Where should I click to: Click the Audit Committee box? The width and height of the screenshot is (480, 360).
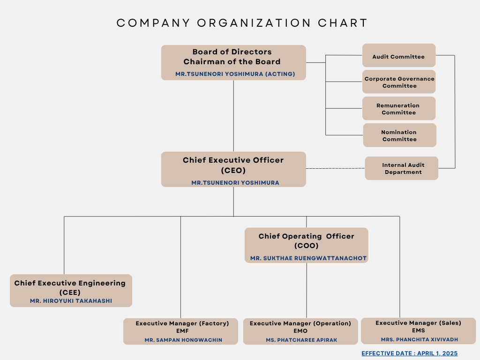click(399, 55)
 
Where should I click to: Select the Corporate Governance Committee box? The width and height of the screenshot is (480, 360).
click(399, 82)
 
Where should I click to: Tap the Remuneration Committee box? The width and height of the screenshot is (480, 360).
click(399, 108)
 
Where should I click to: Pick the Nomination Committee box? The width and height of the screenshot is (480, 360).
click(399, 135)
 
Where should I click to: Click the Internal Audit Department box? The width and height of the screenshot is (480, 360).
click(402, 168)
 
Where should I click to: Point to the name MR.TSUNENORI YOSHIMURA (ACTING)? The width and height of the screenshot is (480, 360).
click(235, 74)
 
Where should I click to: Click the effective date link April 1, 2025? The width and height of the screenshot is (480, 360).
click(410, 353)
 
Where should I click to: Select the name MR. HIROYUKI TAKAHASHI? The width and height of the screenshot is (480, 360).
click(71, 301)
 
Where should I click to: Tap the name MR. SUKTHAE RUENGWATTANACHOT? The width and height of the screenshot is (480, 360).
click(308, 258)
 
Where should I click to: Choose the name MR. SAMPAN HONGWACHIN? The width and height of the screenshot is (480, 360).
click(183, 340)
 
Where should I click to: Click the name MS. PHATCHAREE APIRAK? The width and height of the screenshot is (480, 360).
click(301, 340)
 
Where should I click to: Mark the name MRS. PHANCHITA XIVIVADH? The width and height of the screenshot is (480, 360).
click(420, 339)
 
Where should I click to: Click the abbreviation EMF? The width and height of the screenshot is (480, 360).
click(182, 331)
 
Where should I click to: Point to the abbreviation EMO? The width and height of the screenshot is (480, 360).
click(300, 331)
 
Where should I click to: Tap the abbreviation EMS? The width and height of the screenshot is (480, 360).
click(419, 330)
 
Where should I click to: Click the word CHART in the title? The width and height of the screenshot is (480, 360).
click(343, 23)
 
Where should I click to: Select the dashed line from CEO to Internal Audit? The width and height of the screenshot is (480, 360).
click(336, 168)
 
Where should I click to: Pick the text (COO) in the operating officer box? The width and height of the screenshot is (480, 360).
click(307, 246)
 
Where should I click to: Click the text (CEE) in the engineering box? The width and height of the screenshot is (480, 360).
click(70, 292)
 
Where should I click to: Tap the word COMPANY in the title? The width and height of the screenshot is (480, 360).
click(153, 23)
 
